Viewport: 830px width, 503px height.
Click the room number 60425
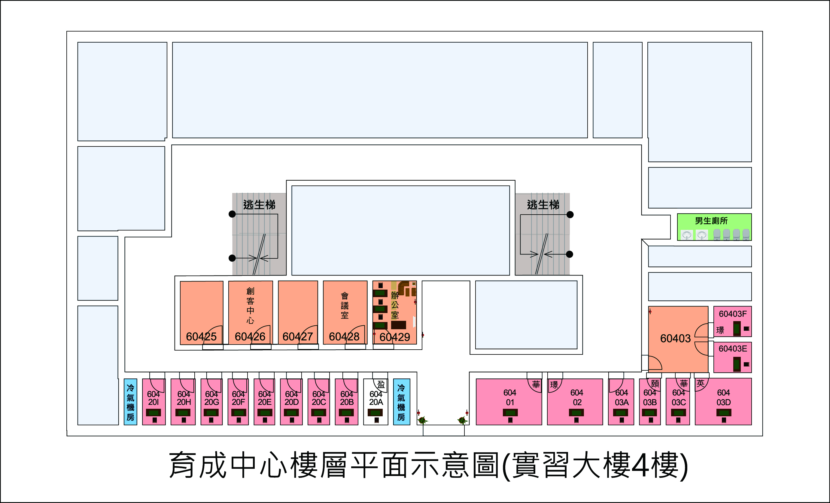tap(201, 336)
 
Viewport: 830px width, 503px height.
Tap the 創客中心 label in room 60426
tap(250, 306)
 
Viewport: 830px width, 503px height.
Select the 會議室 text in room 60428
tap(345, 306)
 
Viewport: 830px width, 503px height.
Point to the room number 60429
tap(395, 337)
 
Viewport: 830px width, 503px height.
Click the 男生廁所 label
tap(711, 221)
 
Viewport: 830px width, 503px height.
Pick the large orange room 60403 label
tap(675, 339)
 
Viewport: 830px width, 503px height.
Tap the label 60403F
tap(733, 314)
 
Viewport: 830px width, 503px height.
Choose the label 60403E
tap(733, 348)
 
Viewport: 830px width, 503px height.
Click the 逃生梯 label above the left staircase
tap(259, 205)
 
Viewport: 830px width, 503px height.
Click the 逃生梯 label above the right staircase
tap(543, 205)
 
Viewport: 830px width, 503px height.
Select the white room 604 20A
tap(375, 402)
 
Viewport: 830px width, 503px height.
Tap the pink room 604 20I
tap(154, 402)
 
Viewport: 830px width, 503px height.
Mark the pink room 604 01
tap(509, 402)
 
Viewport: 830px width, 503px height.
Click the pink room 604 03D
tap(723, 402)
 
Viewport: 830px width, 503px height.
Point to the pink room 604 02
tap(575, 402)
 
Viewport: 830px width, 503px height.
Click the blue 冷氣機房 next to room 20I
tap(130, 402)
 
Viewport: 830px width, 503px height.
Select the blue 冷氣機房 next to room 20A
tap(402, 402)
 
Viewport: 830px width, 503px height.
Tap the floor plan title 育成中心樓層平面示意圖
tap(333, 465)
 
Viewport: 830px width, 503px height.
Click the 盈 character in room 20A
tap(381, 384)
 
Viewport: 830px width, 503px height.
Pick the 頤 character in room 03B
tap(655, 384)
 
